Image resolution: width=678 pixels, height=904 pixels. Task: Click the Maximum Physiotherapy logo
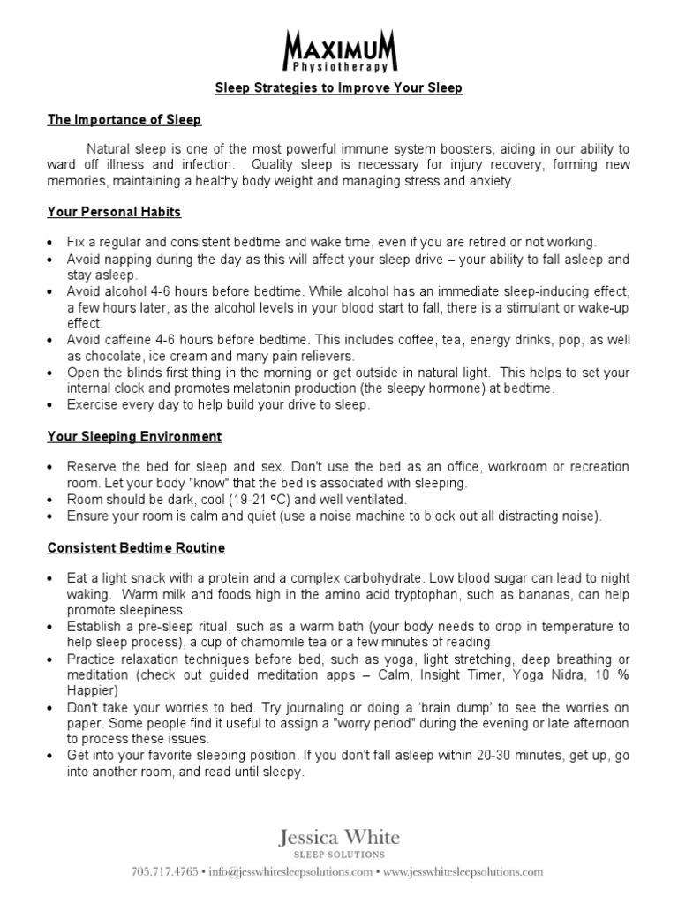pyautogui.click(x=340, y=49)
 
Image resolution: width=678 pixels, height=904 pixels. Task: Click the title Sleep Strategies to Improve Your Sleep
pyautogui.click(x=340, y=88)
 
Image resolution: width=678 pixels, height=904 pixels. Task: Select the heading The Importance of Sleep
pyautogui.click(x=124, y=119)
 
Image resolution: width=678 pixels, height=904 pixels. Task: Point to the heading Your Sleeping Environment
pyautogui.click(x=134, y=436)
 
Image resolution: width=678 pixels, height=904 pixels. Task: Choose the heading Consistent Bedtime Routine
pyautogui.click(x=136, y=547)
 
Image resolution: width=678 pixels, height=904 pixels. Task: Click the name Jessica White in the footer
pyautogui.click(x=340, y=836)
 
